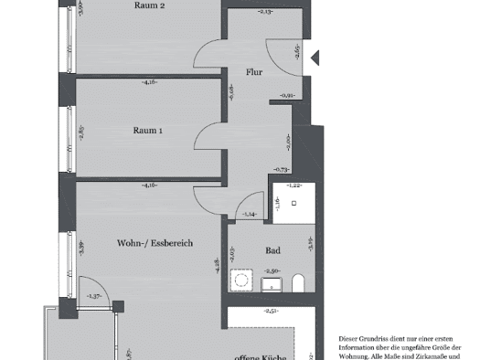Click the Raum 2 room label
(148, 5)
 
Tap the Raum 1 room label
(148, 131)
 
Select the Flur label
(254, 70)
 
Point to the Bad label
(272, 250)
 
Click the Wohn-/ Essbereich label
(155, 244)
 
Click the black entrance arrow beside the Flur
(315, 58)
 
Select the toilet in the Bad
(298, 281)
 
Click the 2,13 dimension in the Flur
(265, 13)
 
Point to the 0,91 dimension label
(286, 95)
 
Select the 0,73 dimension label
(282, 170)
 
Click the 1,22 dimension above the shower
(294, 185)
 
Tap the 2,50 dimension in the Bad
(272, 271)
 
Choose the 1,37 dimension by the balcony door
(94, 297)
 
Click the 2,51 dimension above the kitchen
(272, 312)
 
